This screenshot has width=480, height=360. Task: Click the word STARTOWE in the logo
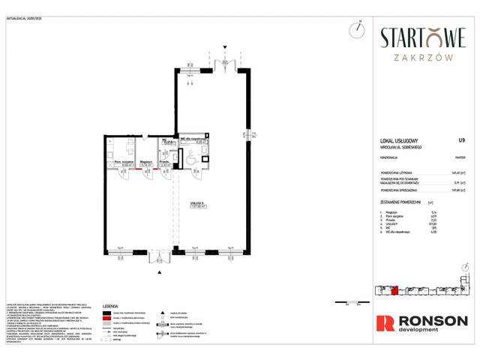click(x=423, y=37)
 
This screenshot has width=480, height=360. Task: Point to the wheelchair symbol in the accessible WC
click(x=190, y=158)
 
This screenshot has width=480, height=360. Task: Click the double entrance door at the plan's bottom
click(x=159, y=257)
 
